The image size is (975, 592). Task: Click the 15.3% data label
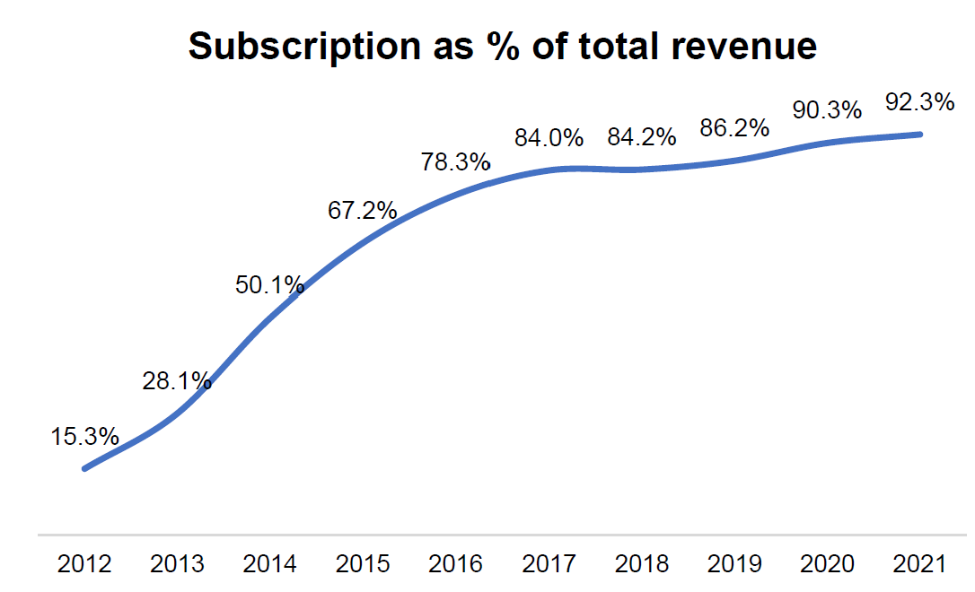(84, 437)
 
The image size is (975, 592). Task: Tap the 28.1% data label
(177, 381)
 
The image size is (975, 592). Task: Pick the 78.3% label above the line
(456, 162)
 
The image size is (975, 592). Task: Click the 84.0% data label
(549, 138)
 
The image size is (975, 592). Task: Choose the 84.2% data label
(641, 138)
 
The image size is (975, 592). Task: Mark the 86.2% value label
(734, 128)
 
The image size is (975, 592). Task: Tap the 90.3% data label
(827, 110)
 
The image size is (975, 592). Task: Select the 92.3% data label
(919, 102)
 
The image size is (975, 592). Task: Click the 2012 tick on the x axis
(84, 564)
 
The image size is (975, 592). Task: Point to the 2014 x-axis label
(269, 564)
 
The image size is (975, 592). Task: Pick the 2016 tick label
(456, 564)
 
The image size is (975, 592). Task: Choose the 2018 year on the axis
(641, 564)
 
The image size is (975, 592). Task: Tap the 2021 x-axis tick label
(919, 564)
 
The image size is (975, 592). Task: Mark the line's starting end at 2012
(84, 468)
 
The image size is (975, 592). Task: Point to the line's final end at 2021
(920, 135)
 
